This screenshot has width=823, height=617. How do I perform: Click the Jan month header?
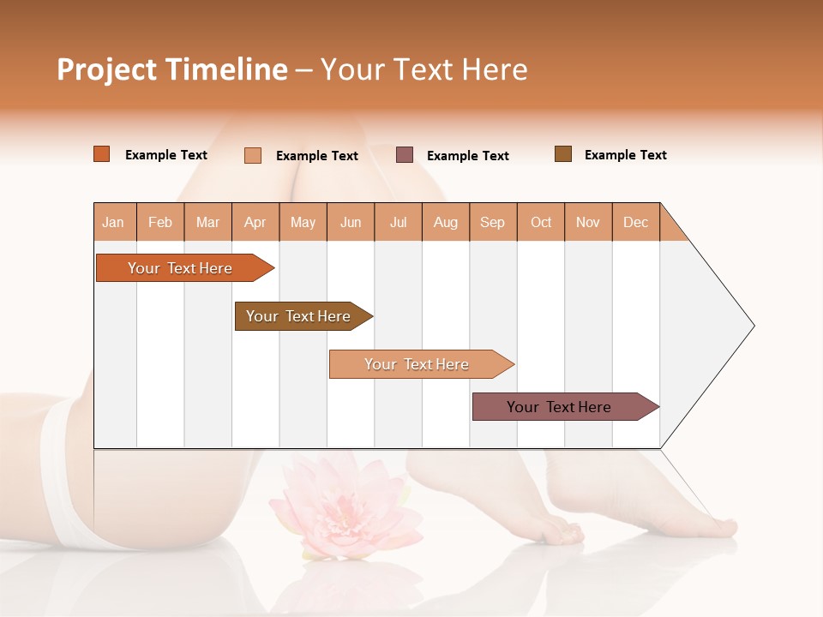coord(113,222)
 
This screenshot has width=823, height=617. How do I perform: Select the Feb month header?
coord(160,222)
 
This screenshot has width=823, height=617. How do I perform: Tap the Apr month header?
coord(255,222)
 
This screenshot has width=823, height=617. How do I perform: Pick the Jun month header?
coord(351,222)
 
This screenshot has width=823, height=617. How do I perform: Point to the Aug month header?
coord(445,222)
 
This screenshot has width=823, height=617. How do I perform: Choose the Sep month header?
coord(492,222)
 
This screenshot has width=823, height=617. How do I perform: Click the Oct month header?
coord(541,222)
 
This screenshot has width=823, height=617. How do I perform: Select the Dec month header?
coord(635,222)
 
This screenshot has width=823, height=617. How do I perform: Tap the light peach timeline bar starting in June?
coord(418,364)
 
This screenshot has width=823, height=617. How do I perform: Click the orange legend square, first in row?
coord(102,154)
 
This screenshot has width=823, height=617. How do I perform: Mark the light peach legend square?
coord(253,155)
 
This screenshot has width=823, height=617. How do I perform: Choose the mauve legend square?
coord(405,155)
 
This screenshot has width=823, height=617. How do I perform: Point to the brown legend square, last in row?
coord(563,154)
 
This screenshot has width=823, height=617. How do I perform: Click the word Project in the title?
coord(105,69)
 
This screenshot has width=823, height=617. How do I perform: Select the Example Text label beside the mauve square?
coord(467,156)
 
